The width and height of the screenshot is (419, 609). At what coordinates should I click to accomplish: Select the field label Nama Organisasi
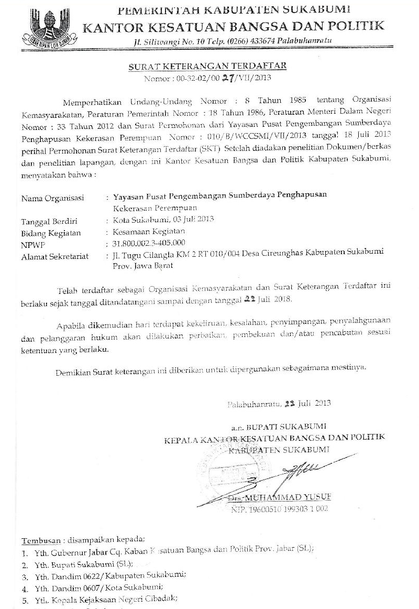52,199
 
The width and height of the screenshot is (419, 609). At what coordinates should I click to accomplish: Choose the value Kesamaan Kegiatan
145,232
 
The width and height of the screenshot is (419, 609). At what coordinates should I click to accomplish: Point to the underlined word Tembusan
39,540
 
